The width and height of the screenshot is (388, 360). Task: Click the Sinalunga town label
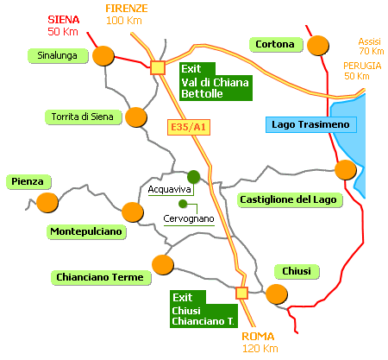58,55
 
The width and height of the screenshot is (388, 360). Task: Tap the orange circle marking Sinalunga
103,56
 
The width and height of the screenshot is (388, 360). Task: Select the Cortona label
276,44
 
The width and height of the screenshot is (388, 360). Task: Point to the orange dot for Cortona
318,46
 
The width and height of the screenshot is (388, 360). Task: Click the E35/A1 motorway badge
189,127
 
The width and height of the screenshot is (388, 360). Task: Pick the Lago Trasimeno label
311,124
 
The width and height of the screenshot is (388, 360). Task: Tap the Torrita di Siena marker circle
136,117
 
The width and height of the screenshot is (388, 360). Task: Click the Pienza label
28,182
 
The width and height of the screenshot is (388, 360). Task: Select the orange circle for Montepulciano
133,212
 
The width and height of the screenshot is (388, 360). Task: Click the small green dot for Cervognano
183,204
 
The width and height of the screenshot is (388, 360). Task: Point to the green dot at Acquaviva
194,177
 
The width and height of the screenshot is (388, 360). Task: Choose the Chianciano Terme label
101,277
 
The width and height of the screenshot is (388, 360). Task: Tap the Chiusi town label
297,271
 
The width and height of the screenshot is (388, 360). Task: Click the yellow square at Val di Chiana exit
158,68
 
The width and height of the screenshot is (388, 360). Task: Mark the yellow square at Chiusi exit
241,293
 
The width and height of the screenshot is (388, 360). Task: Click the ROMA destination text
258,337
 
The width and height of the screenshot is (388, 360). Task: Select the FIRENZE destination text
127,9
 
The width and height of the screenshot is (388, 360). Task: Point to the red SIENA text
64,20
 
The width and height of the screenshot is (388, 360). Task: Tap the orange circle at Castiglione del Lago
346,170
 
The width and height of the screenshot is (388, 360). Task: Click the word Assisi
370,41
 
